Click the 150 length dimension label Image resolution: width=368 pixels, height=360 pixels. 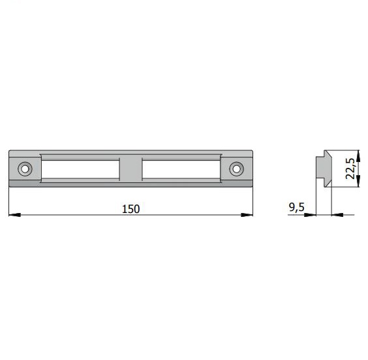130,209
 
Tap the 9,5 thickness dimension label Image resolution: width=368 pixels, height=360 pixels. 296,207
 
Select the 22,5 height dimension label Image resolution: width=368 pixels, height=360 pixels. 350,169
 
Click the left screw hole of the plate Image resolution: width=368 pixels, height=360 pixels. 25,169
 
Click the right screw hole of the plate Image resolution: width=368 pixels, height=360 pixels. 236,169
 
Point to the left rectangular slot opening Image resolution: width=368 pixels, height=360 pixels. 80,169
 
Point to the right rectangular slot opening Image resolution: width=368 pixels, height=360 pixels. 181,169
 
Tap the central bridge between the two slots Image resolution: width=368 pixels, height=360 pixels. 130,169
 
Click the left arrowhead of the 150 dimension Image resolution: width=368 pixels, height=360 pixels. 14,214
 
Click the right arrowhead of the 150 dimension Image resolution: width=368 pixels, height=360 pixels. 247,214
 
